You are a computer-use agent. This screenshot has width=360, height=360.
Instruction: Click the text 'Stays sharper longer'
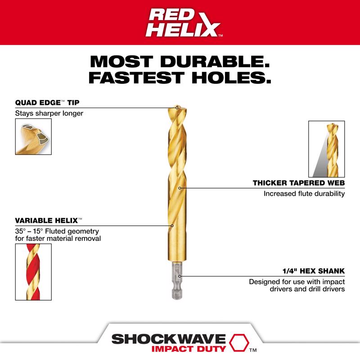click(x=49, y=113)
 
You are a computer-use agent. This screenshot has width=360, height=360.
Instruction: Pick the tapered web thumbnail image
click(x=326, y=148)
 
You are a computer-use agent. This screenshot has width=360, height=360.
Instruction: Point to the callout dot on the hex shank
click(x=179, y=277)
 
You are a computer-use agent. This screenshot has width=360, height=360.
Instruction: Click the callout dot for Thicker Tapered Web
click(x=180, y=188)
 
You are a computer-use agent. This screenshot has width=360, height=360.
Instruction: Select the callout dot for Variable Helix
click(x=172, y=225)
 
